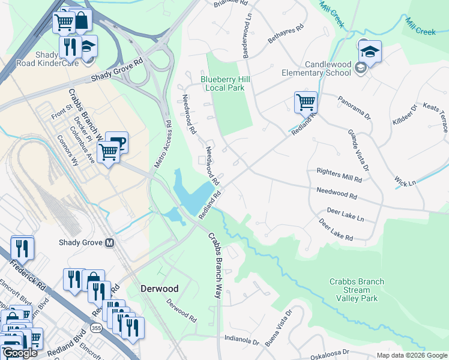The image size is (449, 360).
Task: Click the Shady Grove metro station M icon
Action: click(x=109, y=243)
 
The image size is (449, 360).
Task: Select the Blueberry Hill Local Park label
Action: click(x=225, y=83)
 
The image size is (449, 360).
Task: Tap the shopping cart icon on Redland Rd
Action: click(x=306, y=102)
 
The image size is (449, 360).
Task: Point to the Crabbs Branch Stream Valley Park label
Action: click(x=357, y=290)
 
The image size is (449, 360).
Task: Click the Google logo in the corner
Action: click(x=20, y=353)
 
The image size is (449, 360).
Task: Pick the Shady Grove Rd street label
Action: click(x=118, y=71)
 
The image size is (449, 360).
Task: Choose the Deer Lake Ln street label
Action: click(x=345, y=215)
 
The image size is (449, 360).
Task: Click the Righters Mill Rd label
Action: click(x=339, y=175)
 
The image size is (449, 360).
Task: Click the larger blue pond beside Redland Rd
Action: click(x=192, y=191)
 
